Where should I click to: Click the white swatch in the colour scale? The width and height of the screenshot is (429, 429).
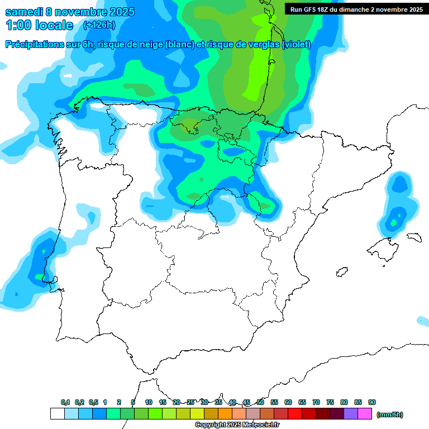[57, 414]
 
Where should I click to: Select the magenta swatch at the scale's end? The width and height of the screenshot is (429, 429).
[365, 414]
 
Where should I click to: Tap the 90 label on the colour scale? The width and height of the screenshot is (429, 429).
[372, 402]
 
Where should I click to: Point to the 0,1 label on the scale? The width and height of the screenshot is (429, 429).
[65, 402]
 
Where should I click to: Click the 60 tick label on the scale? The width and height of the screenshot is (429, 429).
[288, 402]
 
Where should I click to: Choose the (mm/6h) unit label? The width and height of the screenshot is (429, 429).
[390, 414]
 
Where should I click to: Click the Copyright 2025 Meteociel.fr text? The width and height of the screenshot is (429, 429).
[237, 425]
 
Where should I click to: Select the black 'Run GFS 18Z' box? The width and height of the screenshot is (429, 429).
[356, 9]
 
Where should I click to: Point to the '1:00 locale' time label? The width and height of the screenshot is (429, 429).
[40, 25]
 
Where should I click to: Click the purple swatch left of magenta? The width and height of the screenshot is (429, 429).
[351, 414]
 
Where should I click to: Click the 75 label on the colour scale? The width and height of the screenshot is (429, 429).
[330, 402]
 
